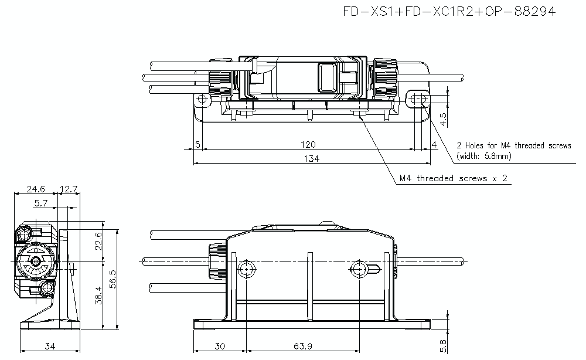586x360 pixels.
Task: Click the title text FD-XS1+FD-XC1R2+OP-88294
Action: pyautogui.click(x=449, y=11)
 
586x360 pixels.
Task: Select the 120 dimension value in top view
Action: pyautogui.click(x=309, y=144)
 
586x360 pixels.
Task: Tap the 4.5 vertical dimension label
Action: pyautogui.click(x=444, y=119)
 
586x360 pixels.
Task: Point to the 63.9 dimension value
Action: pyautogui.click(x=303, y=347)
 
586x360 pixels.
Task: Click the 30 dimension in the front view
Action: pyautogui.click(x=220, y=347)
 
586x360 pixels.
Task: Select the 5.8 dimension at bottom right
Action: pyautogui.click(x=444, y=346)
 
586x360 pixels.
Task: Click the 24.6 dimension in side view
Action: pyautogui.click(x=35, y=189)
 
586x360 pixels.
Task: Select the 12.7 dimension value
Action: pyautogui.click(x=69, y=189)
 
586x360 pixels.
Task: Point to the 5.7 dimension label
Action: pyautogui.click(x=42, y=203)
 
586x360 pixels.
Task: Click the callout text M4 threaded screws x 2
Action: pyautogui.click(x=453, y=178)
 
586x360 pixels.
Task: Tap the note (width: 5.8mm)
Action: pyautogui.click(x=484, y=156)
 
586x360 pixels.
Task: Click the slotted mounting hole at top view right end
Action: pyautogui.click(x=419, y=99)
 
